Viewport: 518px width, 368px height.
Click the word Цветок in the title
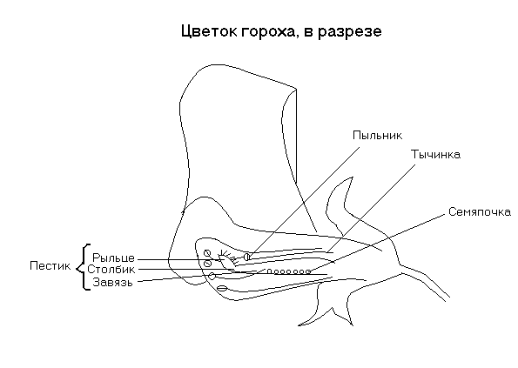coord(210,31)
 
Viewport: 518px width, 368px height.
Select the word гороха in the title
coord(268,32)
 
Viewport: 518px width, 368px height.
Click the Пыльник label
coord(377,136)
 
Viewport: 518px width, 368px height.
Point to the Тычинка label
coord(435,155)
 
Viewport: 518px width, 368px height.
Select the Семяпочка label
coord(480,212)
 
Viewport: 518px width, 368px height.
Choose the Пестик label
coord(50,265)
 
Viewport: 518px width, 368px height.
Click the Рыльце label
coord(113,258)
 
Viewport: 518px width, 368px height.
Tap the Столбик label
coord(111,270)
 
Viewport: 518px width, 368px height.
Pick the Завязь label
coord(112,283)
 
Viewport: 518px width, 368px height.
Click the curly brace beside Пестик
coord(83,267)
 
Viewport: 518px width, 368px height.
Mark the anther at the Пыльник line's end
coord(246,257)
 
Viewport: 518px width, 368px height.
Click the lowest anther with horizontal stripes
coord(222,289)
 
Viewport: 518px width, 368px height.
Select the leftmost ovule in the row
coord(269,271)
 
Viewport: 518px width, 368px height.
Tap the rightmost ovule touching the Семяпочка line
coord(308,271)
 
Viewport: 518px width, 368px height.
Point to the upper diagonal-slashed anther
coord(207,253)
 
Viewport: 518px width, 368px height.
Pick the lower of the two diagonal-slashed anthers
coord(208,264)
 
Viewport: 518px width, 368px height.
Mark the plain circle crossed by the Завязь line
coord(212,277)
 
